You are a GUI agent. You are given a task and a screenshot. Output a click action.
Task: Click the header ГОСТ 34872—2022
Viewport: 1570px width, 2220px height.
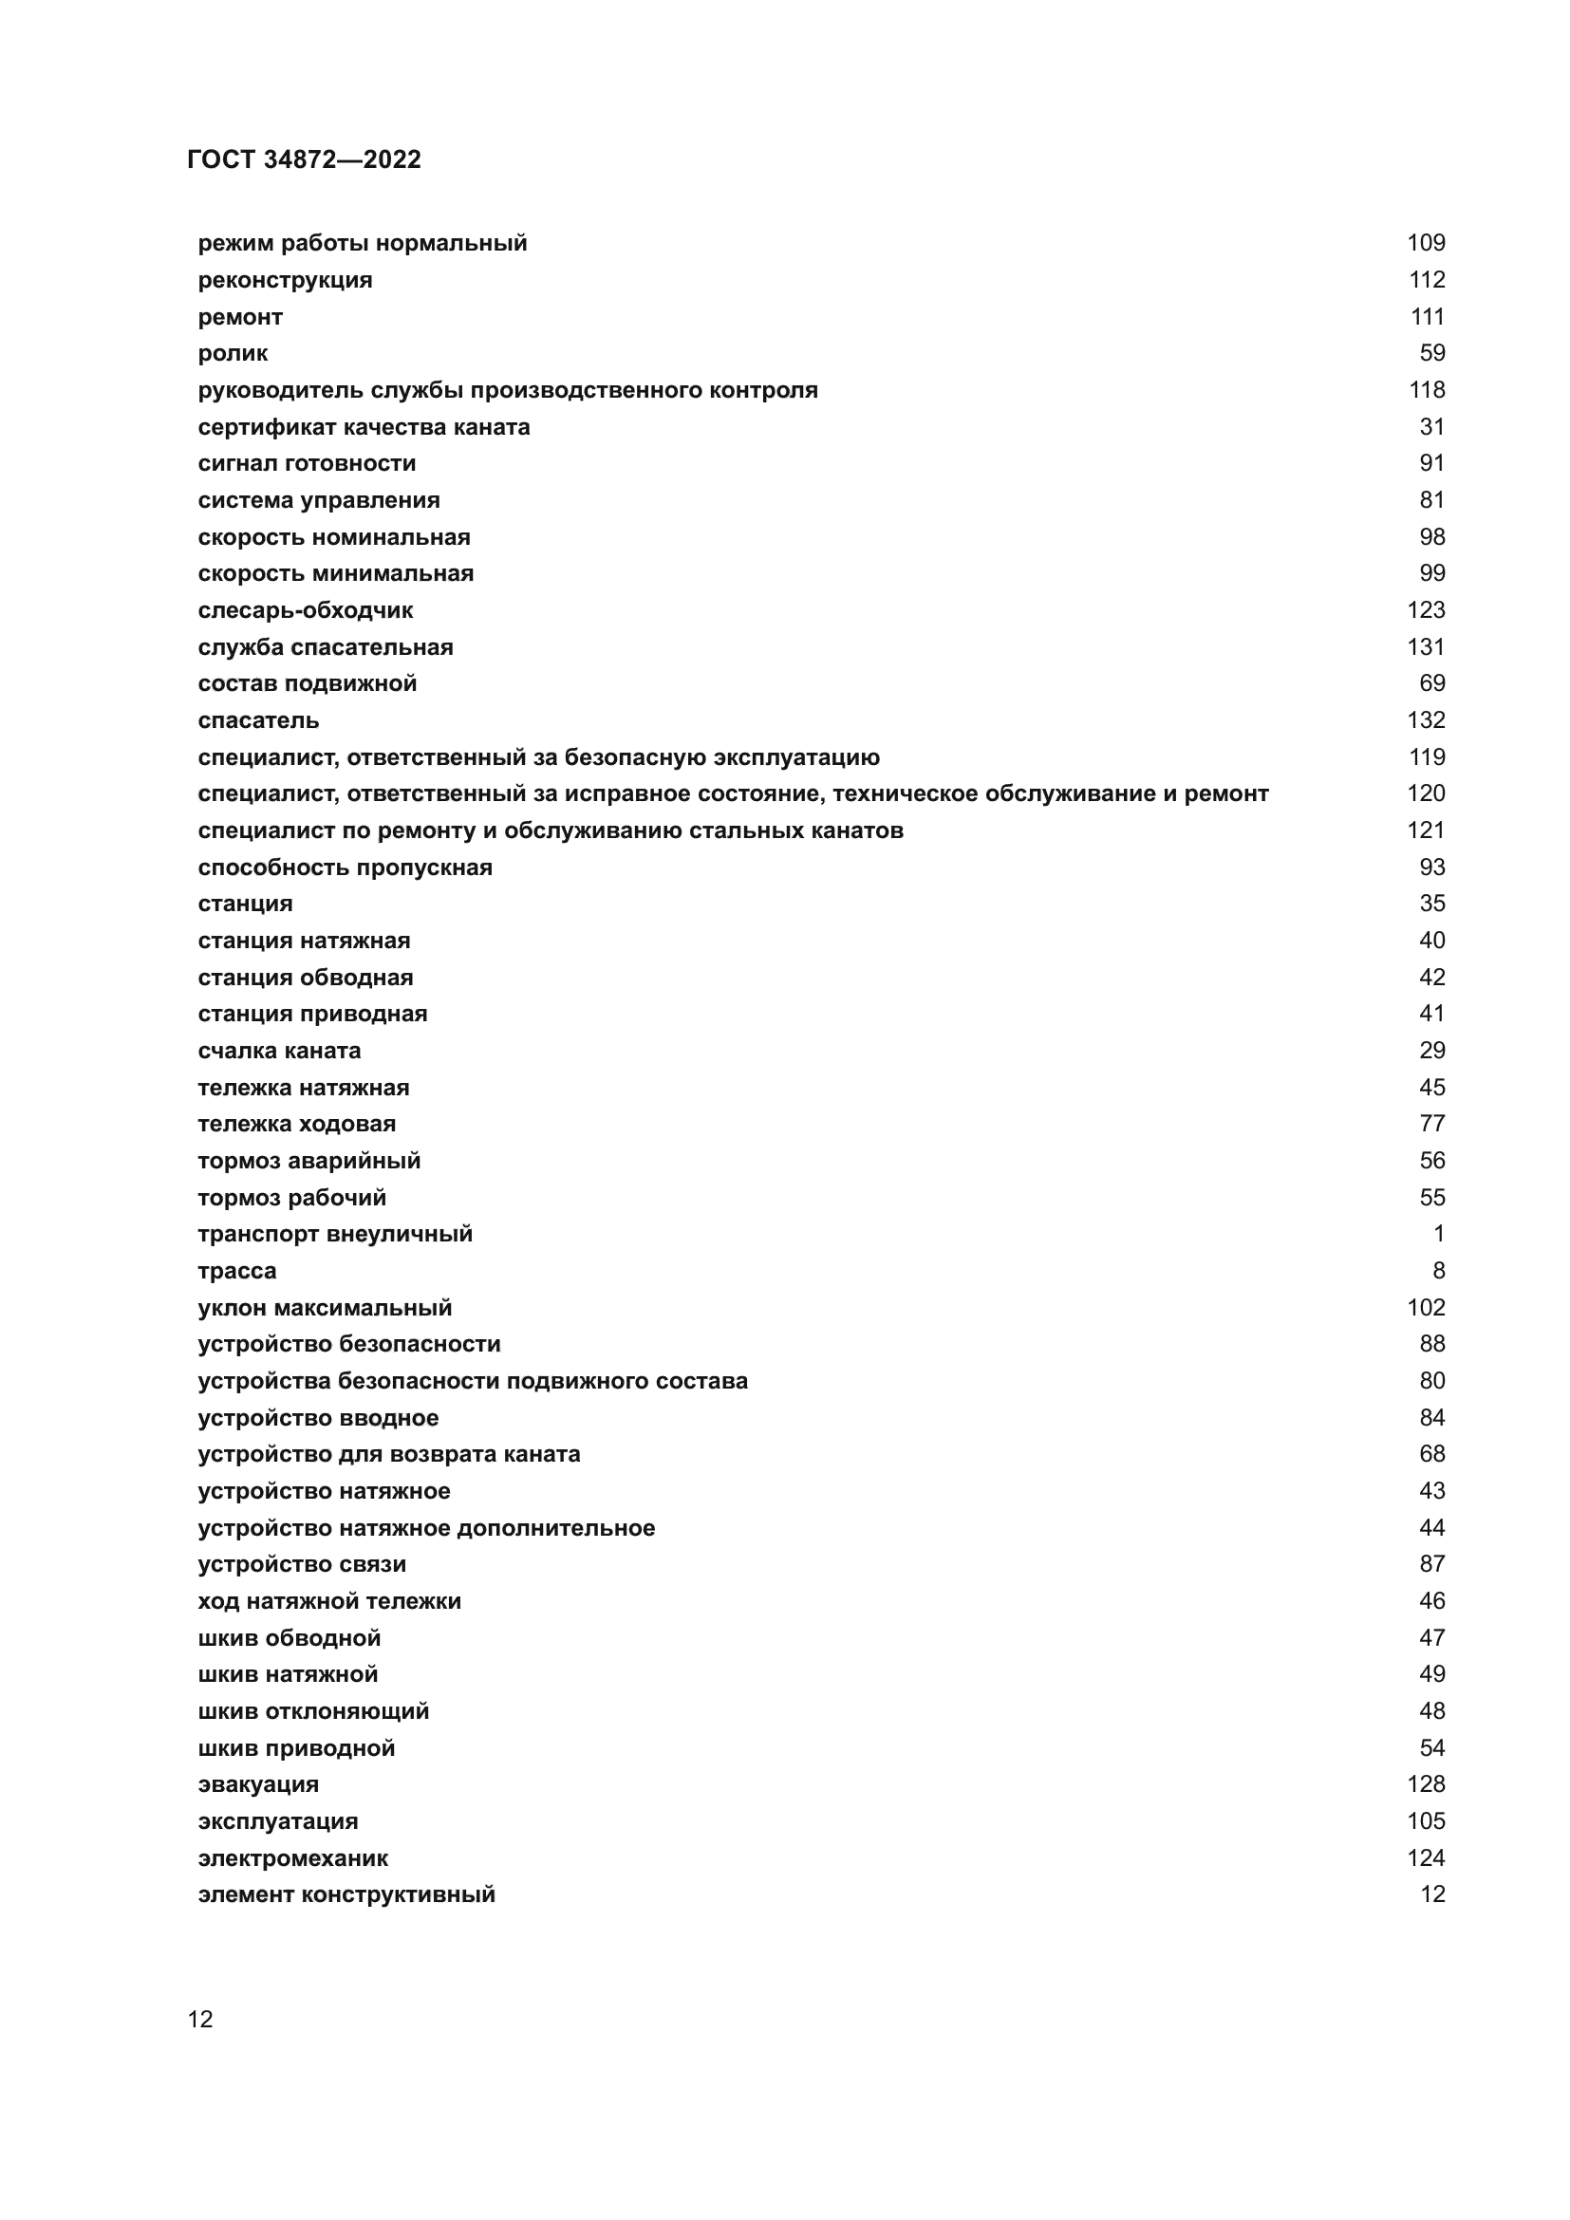[x=304, y=159]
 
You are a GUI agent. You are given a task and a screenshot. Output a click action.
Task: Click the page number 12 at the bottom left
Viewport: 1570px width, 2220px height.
[x=200, y=2020]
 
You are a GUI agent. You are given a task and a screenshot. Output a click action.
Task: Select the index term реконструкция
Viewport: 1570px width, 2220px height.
[x=284, y=279]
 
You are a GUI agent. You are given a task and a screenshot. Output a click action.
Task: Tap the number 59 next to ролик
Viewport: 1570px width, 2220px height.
[x=1430, y=353]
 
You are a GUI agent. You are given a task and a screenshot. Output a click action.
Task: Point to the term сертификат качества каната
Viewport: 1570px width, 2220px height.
[x=364, y=426]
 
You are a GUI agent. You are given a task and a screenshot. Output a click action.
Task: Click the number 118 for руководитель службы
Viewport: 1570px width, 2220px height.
[x=1426, y=390]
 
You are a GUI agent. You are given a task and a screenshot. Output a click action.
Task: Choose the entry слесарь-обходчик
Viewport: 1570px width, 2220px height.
[x=305, y=610]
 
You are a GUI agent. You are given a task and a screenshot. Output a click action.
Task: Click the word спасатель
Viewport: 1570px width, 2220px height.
[x=258, y=720]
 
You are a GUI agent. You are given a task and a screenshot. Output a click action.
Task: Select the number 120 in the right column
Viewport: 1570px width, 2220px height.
[x=1425, y=793]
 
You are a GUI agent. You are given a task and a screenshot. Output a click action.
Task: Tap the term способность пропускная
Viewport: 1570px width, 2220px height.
[x=346, y=867]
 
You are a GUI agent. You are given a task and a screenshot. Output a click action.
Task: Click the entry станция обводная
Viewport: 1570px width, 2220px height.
[x=305, y=978]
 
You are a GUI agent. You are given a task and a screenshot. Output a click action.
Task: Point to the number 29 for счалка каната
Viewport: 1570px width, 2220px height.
[x=1430, y=1050]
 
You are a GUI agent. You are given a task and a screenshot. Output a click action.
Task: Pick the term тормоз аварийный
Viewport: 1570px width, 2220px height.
[x=308, y=1160]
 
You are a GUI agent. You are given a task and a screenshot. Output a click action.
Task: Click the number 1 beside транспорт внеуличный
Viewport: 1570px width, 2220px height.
[x=1437, y=1234]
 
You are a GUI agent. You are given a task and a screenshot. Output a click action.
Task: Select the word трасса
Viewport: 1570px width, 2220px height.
[x=237, y=1271]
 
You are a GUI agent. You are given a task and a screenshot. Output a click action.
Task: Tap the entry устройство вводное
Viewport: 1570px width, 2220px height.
[x=318, y=1417]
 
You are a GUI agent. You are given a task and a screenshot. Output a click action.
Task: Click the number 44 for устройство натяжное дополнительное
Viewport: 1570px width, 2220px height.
[x=1430, y=1528]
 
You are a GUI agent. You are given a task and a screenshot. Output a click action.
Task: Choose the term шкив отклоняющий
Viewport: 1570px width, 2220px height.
[x=313, y=1711]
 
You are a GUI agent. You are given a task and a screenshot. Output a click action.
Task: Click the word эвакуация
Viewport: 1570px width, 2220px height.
[x=258, y=1784]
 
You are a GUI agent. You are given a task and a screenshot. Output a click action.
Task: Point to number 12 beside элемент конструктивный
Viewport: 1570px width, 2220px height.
[x=1430, y=1894]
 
